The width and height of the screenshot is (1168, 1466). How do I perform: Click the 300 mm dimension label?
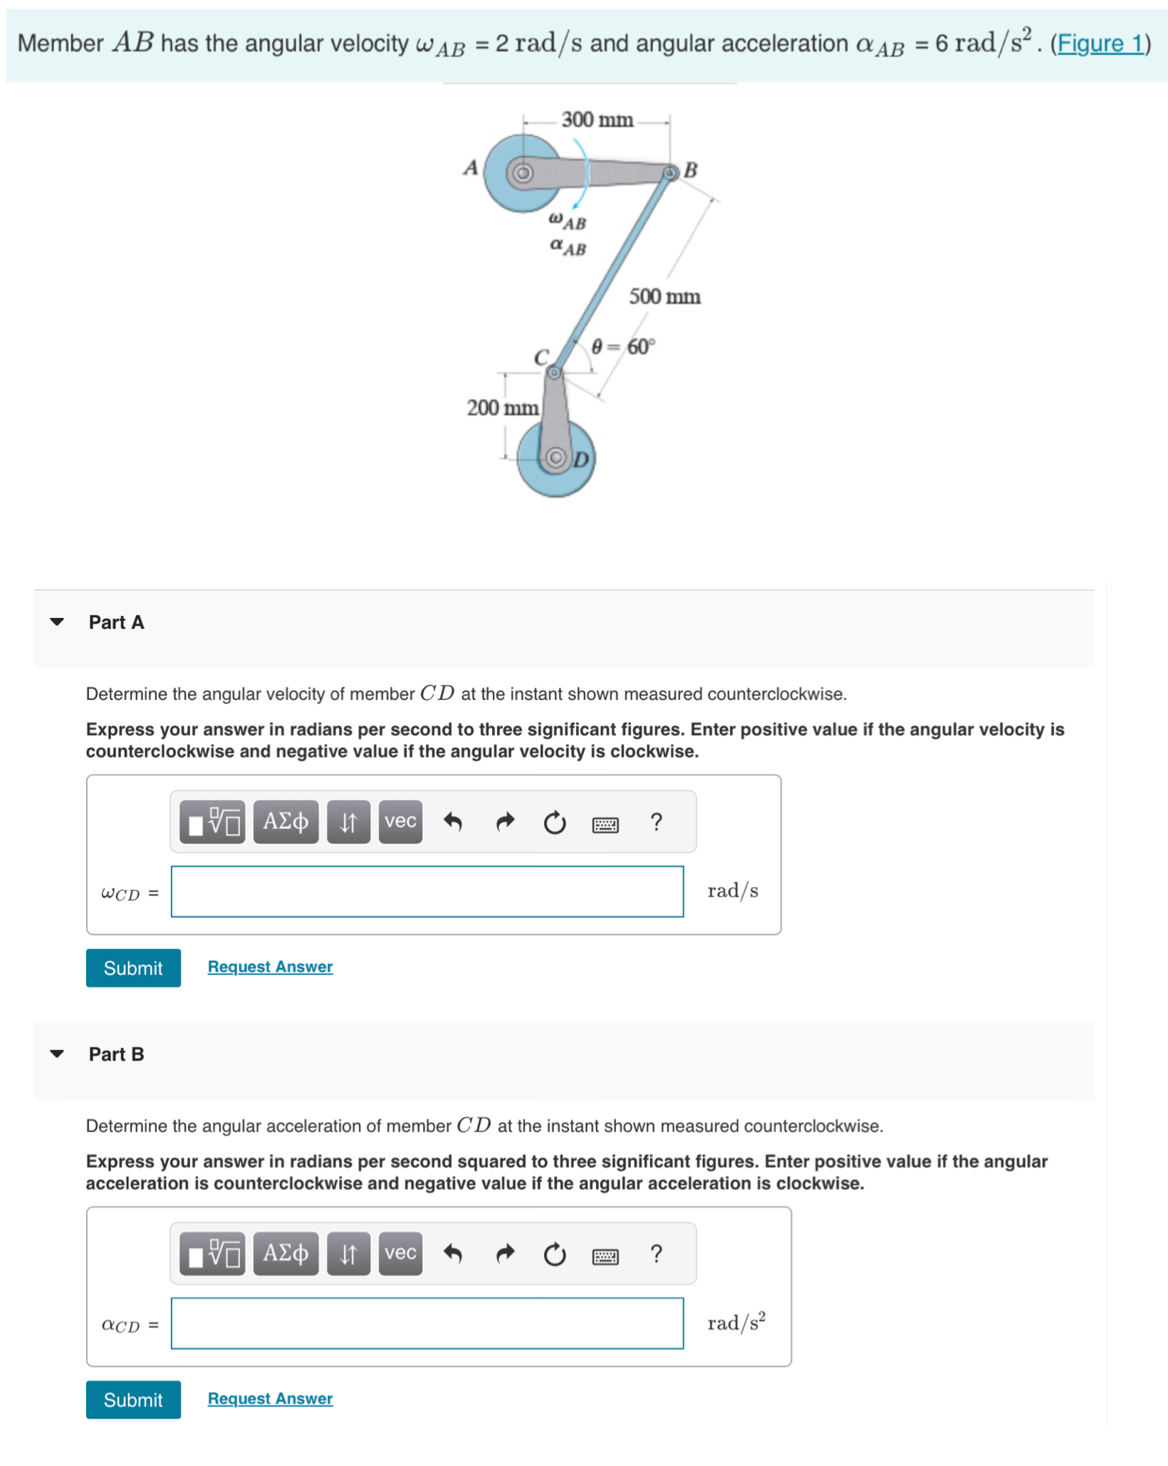[x=596, y=120]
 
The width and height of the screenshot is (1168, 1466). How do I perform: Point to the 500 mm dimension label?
[x=664, y=296]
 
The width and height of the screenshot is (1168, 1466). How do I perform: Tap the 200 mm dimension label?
[x=501, y=407]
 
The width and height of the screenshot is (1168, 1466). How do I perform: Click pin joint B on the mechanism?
[x=669, y=173]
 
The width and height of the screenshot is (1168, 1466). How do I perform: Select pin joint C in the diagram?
[x=554, y=372]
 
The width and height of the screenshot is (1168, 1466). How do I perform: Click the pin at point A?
[x=523, y=173]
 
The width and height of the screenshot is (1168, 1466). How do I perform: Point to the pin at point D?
[x=556, y=456]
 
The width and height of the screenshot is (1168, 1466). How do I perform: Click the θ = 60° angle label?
[x=622, y=347]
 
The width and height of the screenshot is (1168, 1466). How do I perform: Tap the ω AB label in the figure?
[x=568, y=221]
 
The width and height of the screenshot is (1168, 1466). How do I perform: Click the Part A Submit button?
[x=133, y=967]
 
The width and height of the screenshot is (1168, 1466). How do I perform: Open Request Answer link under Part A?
[x=270, y=966]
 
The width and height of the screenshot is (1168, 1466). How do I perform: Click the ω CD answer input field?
[x=427, y=891]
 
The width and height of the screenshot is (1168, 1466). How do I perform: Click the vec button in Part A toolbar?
[x=400, y=821]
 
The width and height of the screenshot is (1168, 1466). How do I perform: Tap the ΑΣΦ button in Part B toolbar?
[x=286, y=1252]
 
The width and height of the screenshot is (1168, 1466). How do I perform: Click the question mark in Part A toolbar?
[x=656, y=822]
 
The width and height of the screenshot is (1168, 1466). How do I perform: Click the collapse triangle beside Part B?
[x=57, y=1053]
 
